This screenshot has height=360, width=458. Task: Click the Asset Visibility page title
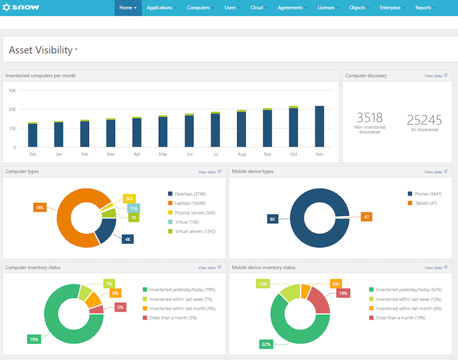(x=42, y=50)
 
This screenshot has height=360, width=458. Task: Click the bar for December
(x=32, y=135)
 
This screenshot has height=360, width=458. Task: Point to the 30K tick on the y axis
(x=12, y=90)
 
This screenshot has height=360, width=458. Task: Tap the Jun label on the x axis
(x=189, y=154)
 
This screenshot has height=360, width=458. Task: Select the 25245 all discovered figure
(x=424, y=120)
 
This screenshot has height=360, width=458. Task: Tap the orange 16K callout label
(x=40, y=207)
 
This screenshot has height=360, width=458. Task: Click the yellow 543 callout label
(x=129, y=199)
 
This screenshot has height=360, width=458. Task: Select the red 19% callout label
(x=343, y=293)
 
